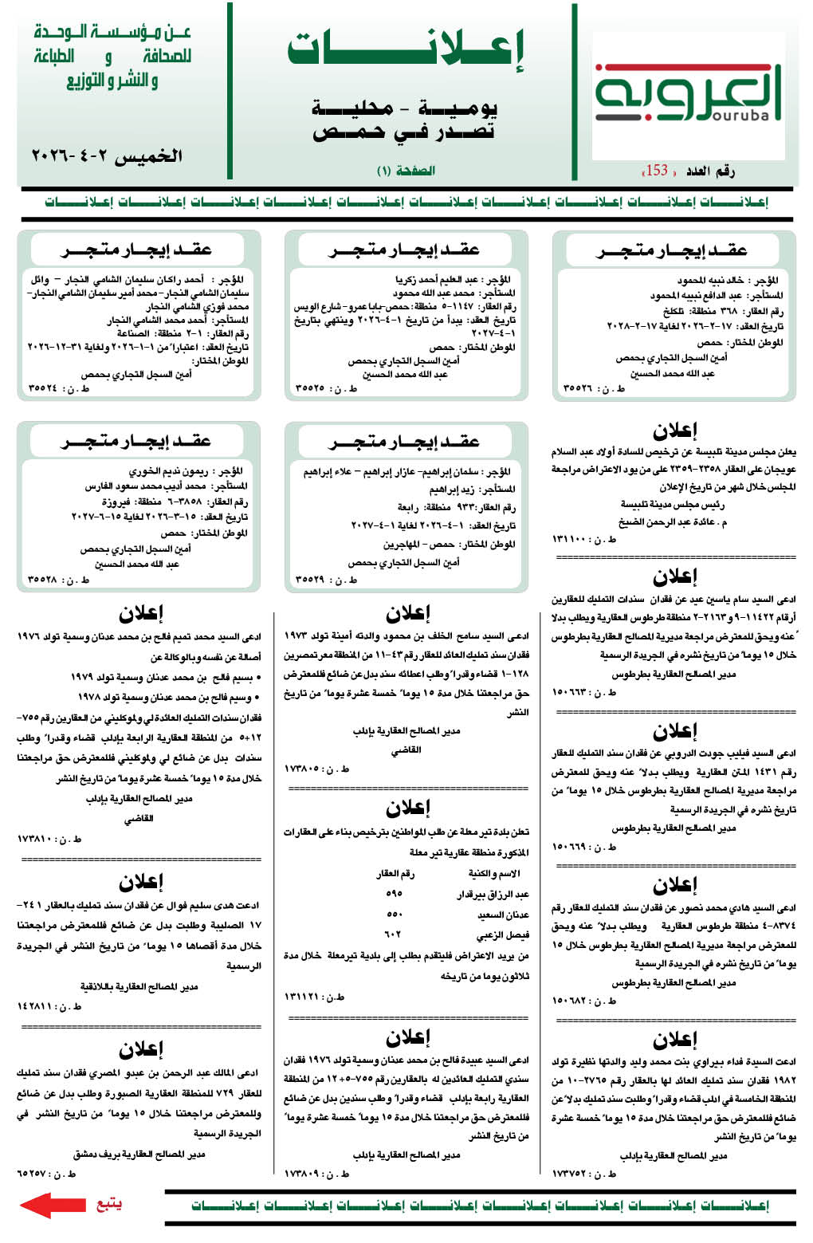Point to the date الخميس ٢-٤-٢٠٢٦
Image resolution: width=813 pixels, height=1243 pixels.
coord(107,156)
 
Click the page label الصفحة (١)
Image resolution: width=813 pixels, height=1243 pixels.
coord(406,171)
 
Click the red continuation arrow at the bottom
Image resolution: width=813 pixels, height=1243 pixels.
coord(52,1204)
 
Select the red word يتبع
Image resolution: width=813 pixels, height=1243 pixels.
coord(108,1204)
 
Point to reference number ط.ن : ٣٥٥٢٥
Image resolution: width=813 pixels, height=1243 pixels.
coord(326,389)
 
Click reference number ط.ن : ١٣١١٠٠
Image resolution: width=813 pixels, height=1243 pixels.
coord(583,540)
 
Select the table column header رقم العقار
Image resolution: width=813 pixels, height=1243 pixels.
coord(395,874)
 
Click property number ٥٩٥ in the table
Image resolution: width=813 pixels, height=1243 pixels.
coord(394,894)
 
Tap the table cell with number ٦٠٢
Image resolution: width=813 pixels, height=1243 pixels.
coord(394,934)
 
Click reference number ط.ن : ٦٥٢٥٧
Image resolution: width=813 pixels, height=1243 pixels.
coord(47,1174)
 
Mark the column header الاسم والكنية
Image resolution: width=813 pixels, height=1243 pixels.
coord(494,874)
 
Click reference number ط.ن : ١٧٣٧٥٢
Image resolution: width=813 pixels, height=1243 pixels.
coord(583,1174)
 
